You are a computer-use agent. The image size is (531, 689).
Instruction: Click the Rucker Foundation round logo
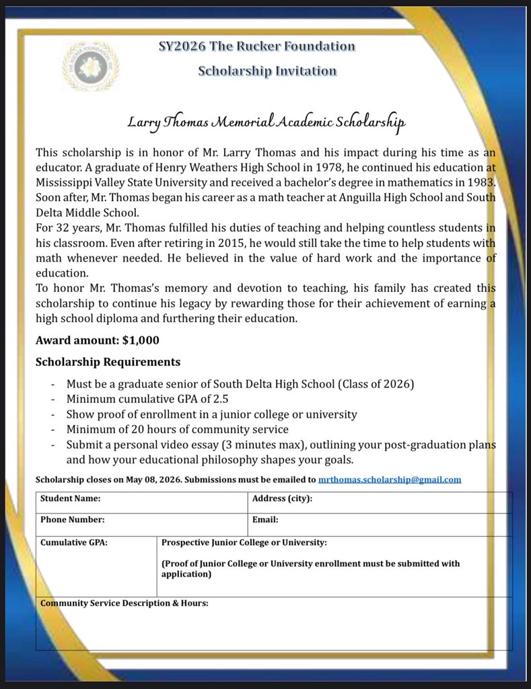[x=90, y=65]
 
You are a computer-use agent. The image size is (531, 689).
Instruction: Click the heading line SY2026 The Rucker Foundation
[x=256, y=46]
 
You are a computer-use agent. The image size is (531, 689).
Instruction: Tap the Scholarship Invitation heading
[x=267, y=71]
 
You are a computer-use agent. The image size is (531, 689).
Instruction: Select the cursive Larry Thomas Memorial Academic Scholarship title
[x=267, y=123]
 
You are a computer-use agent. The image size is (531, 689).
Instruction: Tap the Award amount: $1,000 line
[x=98, y=340]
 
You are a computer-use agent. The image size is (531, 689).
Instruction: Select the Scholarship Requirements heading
[x=108, y=362]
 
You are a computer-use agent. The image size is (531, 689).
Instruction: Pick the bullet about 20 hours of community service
[x=177, y=429]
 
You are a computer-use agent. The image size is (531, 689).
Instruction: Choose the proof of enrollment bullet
[x=211, y=414]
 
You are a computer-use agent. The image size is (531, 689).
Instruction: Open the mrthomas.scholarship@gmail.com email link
[x=390, y=480]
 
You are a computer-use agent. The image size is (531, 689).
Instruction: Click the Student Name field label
[x=70, y=499]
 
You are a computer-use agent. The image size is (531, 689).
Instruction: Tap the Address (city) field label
[x=282, y=499]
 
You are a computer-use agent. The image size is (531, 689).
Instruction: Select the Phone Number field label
[x=72, y=520]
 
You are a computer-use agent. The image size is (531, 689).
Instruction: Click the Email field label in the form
[x=265, y=520]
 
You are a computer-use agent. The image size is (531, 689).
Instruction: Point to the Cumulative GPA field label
[x=74, y=542]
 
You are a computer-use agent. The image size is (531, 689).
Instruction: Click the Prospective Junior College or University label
[x=244, y=542]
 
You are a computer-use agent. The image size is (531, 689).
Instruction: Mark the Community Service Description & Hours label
[x=125, y=604]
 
